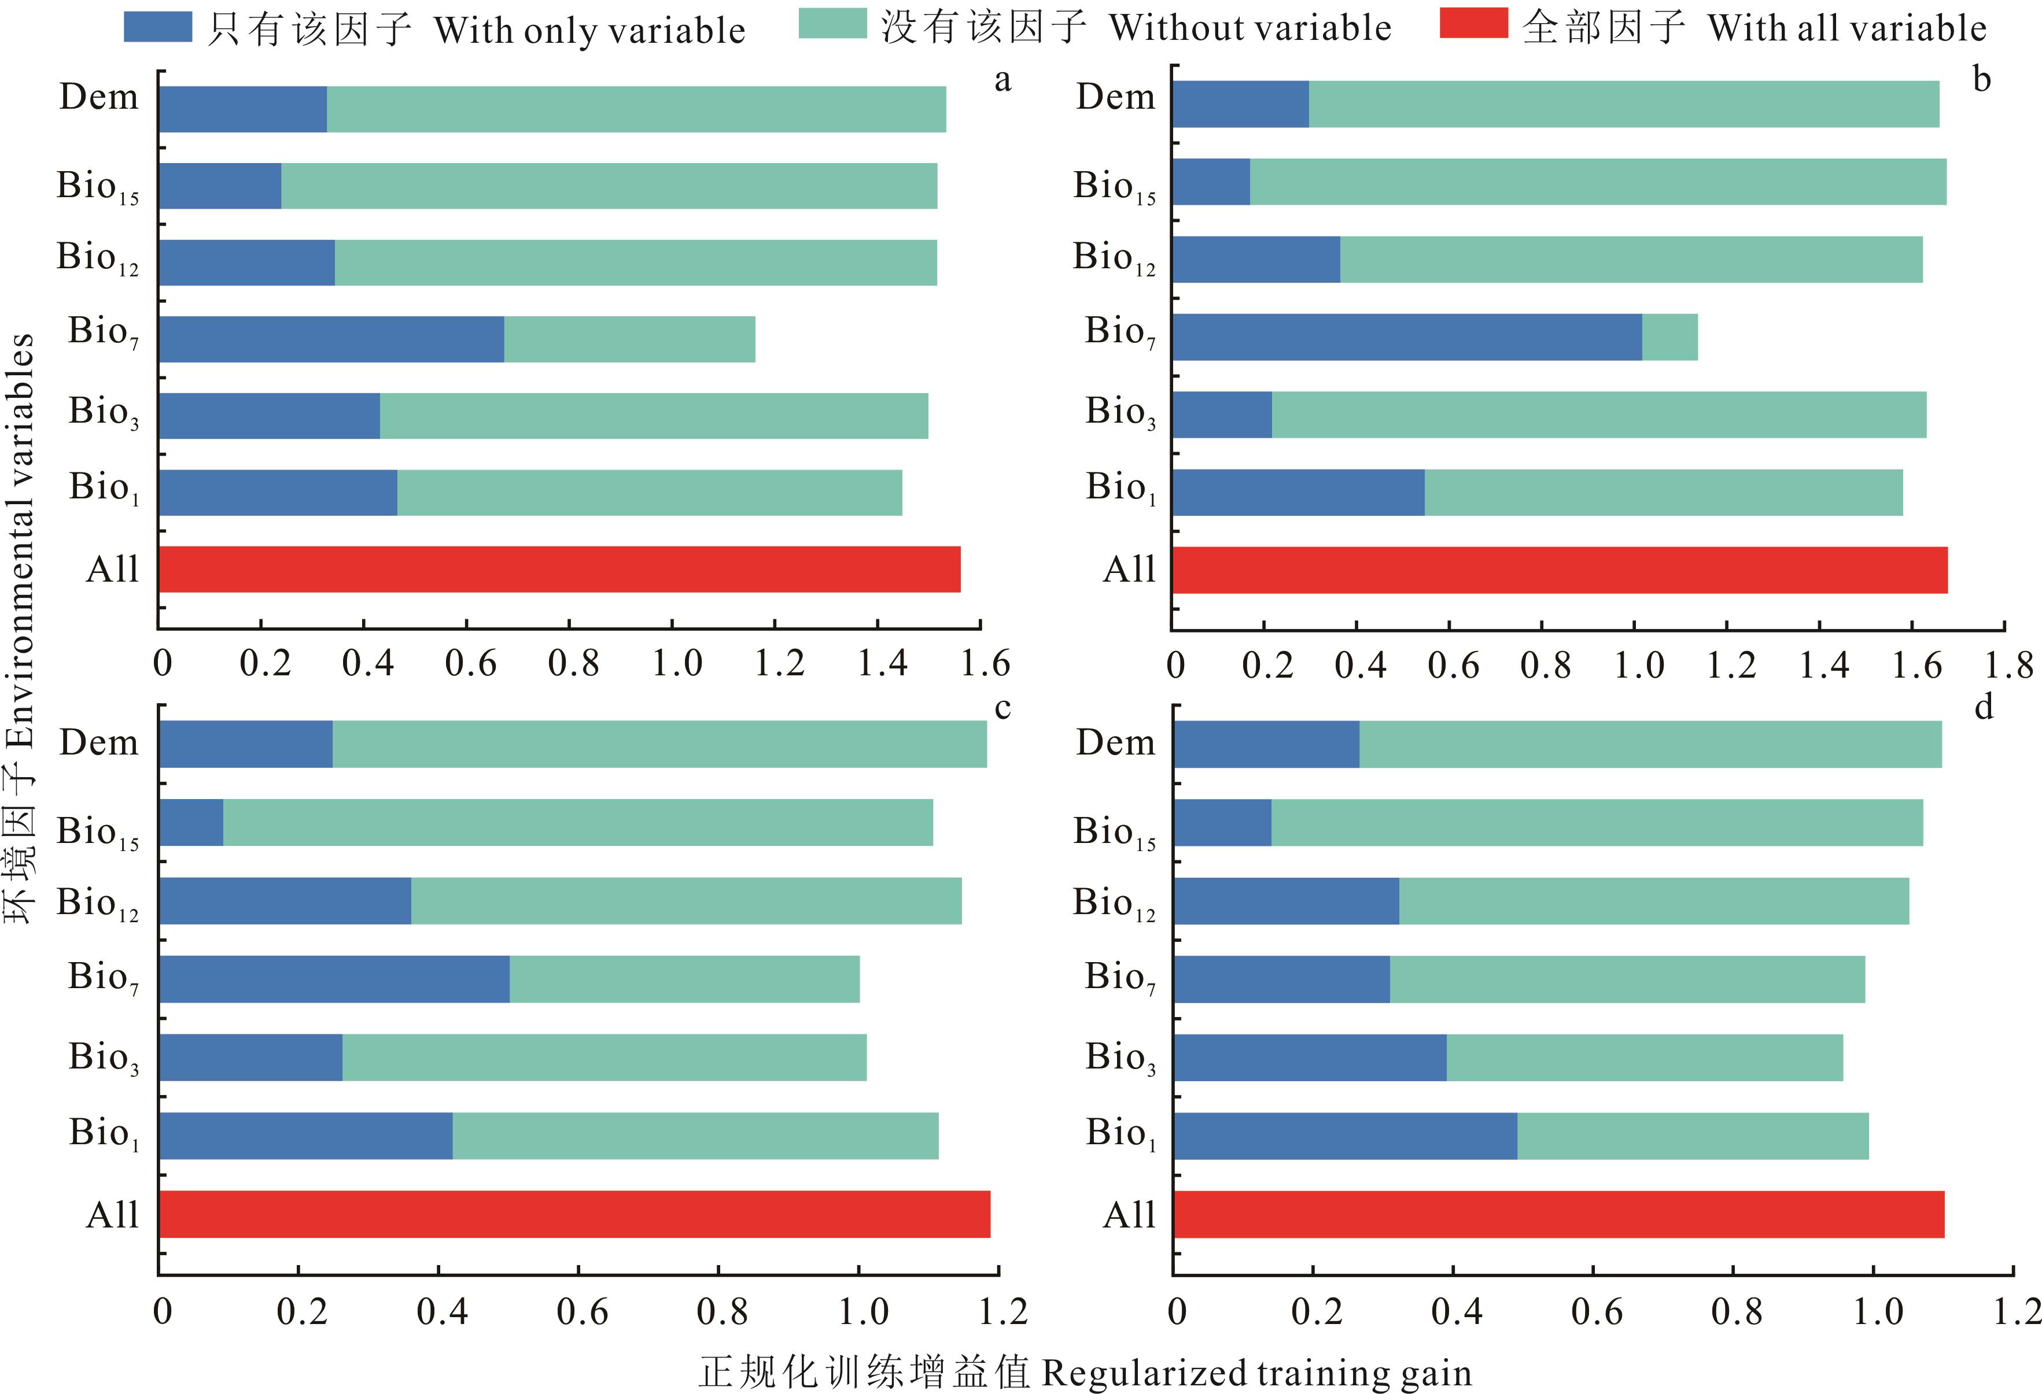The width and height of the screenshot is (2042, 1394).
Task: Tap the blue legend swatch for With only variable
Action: pyautogui.click(x=157, y=27)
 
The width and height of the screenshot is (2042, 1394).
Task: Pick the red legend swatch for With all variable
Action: pyautogui.click(x=1473, y=24)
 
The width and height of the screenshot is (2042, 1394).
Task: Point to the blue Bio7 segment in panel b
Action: pyautogui.click(x=1406, y=337)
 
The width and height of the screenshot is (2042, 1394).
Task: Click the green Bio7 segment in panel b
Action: pyautogui.click(x=1669, y=337)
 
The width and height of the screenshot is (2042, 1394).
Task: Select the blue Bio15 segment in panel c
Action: pyautogui.click(x=191, y=822)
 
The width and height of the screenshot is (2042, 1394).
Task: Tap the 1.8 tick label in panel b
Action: pyautogui.click(x=2008, y=665)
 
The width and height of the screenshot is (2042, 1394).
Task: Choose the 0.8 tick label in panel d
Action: pyautogui.click(x=1736, y=1311)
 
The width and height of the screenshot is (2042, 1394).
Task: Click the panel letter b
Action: pyautogui.click(x=1981, y=79)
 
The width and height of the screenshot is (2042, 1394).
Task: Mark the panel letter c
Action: pyautogui.click(x=1002, y=707)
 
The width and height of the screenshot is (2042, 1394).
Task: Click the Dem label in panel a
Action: pyautogui.click(x=98, y=97)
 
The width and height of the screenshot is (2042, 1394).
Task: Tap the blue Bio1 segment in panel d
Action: pyautogui.click(x=1344, y=1136)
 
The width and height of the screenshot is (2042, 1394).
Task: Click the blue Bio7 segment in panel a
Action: pyautogui.click(x=331, y=339)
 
